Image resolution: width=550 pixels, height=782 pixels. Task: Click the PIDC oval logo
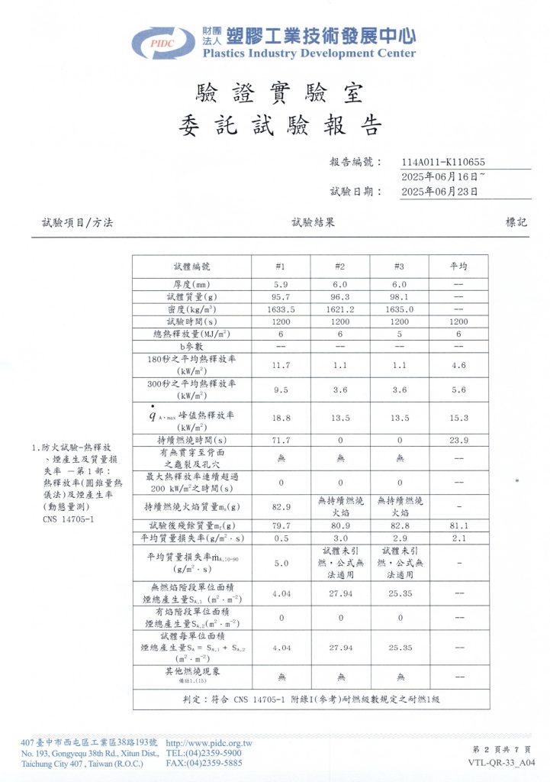[x=164, y=44]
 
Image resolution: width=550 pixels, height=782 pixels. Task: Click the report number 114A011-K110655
[x=442, y=162]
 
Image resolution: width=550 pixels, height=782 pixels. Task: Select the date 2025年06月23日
[x=439, y=192]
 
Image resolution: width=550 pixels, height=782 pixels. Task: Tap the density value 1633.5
[x=280, y=309]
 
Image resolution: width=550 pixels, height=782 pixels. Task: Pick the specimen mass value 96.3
[x=339, y=296]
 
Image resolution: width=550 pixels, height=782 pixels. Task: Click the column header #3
[x=398, y=267]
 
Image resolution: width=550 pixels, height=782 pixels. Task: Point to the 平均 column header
[x=458, y=267]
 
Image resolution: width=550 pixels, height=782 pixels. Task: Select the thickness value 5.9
[x=280, y=284]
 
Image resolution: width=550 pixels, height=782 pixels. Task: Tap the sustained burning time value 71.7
[x=280, y=441]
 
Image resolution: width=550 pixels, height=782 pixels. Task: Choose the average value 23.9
[x=458, y=441]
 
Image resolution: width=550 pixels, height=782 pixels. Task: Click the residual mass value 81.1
[x=458, y=525]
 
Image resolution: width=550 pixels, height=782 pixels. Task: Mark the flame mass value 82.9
[x=280, y=506]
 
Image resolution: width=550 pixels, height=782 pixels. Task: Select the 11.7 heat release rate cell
[x=280, y=365]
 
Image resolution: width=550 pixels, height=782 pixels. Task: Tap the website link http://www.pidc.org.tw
[x=208, y=743]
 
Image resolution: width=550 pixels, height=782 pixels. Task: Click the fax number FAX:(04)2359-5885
[x=204, y=762]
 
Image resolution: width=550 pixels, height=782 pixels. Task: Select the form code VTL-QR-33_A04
[x=501, y=762]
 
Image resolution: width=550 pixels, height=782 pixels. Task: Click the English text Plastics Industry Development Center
[x=309, y=53]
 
